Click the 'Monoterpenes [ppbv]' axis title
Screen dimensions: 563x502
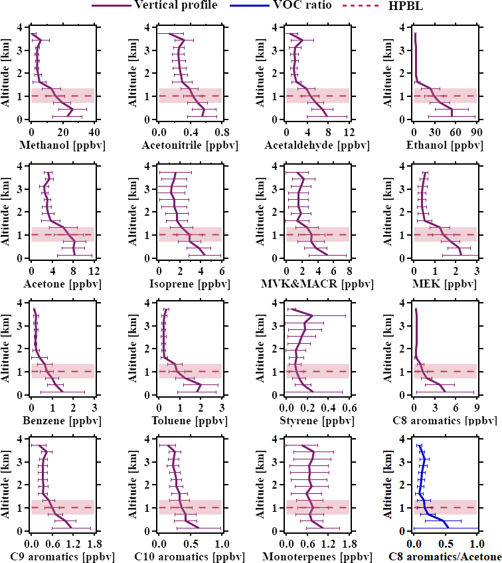click(x=317, y=556)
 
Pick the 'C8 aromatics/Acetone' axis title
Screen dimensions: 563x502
click(x=446, y=556)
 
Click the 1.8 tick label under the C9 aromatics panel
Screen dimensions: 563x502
click(x=94, y=544)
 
